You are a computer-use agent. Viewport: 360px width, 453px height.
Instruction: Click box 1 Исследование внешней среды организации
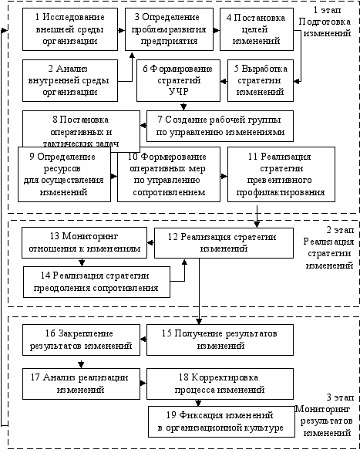point(70,29)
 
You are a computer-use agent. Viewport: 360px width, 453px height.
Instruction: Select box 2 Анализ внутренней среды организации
point(70,80)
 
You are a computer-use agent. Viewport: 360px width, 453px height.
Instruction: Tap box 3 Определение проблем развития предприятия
point(169,29)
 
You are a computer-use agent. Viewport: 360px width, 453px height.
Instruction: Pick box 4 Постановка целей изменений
point(257,29)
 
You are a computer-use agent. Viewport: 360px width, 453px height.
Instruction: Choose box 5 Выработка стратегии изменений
point(261,80)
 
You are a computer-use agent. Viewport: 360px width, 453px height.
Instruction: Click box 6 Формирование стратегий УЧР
point(178,80)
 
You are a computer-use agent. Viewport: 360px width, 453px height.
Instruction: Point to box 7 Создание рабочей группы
point(220,126)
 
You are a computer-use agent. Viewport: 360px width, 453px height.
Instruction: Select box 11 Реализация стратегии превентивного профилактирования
point(281,174)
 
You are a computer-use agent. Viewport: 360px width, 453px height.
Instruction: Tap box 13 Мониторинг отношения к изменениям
point(84,242)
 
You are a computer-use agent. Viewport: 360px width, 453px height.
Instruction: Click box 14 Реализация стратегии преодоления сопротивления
point(96,282)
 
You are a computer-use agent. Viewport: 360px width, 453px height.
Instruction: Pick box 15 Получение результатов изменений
point(220,340)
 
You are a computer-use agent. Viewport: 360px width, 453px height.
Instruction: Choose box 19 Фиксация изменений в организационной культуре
point(221,421)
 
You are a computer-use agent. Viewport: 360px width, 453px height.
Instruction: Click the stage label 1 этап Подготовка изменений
point(325,22)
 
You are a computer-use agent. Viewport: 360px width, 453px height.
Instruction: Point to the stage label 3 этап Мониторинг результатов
point(325,415)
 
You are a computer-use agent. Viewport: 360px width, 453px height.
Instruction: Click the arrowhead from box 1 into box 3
point(122,30)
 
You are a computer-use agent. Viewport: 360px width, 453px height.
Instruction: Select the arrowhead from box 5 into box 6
point(224,82)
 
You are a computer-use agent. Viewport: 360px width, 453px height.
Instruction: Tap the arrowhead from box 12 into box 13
point(150,242)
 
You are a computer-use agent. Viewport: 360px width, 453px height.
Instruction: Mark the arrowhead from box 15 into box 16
point(143,340)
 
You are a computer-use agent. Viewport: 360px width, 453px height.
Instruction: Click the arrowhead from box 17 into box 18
point(143,384)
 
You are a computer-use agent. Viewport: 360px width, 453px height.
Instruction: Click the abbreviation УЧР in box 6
point(178,92)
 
